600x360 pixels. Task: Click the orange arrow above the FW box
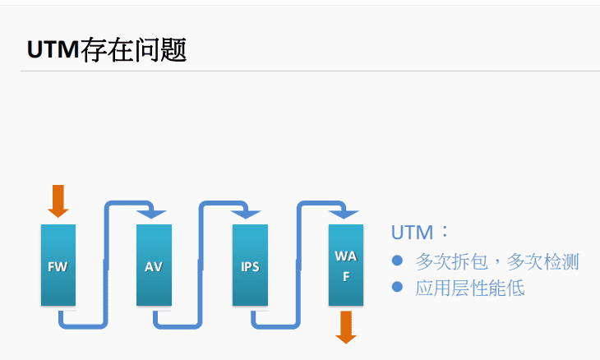[x=58, y=201]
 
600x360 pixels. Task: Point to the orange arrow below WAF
[x=346, y=327]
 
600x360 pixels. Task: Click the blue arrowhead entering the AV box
[x=151, y=214]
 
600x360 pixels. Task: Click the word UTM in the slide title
[x=53, y=50]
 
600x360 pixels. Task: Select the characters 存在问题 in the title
[x=133, y=50]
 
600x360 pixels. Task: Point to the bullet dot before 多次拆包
[x=398, y=261]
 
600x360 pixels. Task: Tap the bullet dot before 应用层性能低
[x=398, y=287]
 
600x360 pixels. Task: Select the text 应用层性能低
[x=470, y=288]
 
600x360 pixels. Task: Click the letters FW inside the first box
[x=58, y=267]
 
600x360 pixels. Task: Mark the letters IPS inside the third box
[x=250, y=267]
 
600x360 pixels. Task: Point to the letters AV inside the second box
[x=154, y=267]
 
